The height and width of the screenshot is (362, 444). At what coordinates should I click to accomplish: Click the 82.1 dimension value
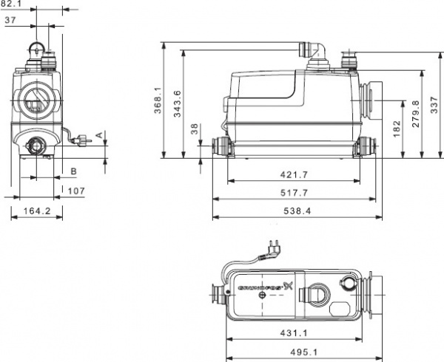10,4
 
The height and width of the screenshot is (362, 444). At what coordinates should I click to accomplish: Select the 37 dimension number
10,21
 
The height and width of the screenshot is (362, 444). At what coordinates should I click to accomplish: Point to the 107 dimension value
75,190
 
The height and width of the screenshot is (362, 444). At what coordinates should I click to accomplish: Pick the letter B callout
73,171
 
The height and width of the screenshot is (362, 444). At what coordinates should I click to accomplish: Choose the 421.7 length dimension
296,174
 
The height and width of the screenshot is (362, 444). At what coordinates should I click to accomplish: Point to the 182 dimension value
396,129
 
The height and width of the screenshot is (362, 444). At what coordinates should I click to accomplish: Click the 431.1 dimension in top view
296,334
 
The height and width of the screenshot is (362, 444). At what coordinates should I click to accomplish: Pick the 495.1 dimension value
296,352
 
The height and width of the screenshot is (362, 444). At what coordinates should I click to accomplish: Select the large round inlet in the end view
33,101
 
